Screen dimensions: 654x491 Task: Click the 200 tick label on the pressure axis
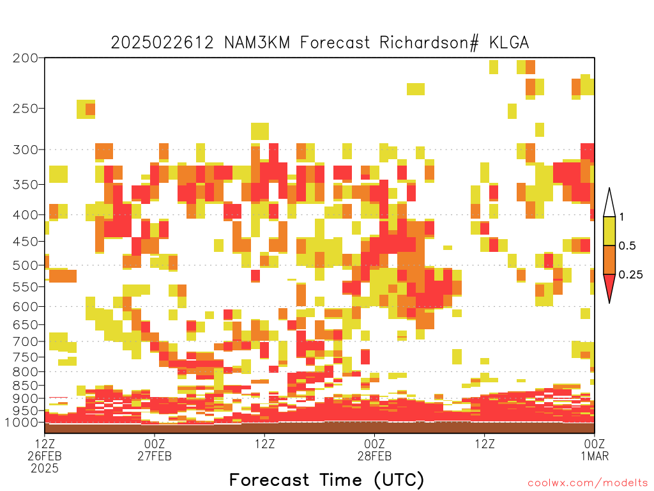point(25,58)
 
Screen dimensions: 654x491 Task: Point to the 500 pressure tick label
point(25,265)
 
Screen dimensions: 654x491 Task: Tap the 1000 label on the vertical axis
point(22,423)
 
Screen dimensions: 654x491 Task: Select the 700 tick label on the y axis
point(25,341)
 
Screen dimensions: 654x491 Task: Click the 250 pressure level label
point(25,109)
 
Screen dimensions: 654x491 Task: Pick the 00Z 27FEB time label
point(155,449)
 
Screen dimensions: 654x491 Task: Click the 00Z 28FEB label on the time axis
point(374,449)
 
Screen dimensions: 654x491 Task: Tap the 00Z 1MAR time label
point(595,449)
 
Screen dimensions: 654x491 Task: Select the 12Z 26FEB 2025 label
point(45,456)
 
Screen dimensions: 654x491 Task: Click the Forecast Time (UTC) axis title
point(326,479)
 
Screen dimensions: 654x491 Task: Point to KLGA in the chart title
point(509,43)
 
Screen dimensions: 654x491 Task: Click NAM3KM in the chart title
point(257,43)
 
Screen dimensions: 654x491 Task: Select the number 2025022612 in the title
point(162,43)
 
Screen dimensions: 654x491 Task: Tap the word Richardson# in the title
point(429,43)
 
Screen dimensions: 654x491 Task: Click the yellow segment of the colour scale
point(609,231)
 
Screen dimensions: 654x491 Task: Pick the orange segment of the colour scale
point(609,260)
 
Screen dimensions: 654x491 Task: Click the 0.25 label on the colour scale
point(630,275)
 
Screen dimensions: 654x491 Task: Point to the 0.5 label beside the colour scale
point(627,246)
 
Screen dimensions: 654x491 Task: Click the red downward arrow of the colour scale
point(609,286)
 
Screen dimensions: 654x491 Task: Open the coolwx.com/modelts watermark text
point(588,483)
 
